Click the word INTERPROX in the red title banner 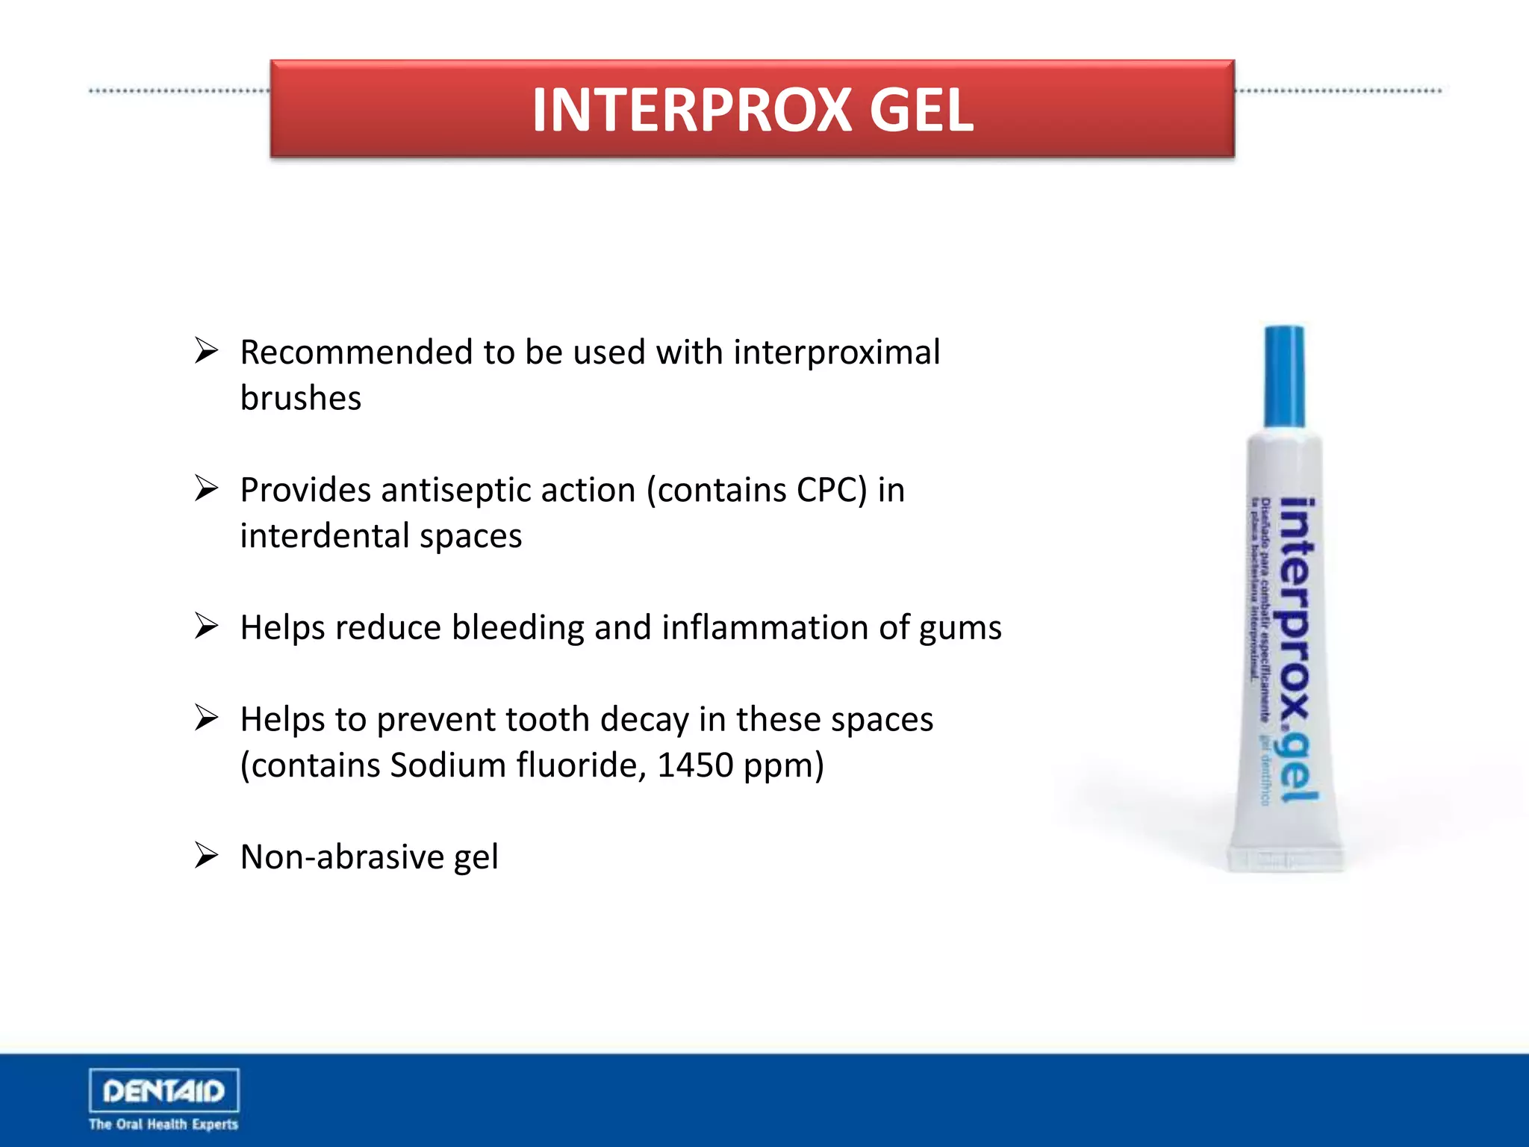[691, 111]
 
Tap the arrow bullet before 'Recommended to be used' [206, 350]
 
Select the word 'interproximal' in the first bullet [836, 352]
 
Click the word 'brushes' [301, 399]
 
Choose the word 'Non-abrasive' [342, 857]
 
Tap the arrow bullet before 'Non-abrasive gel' [206, 855]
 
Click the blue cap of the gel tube [1283, 376]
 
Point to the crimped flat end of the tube [1286, 859]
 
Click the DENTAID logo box [164, 1091]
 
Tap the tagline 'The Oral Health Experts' [164, 1125]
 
